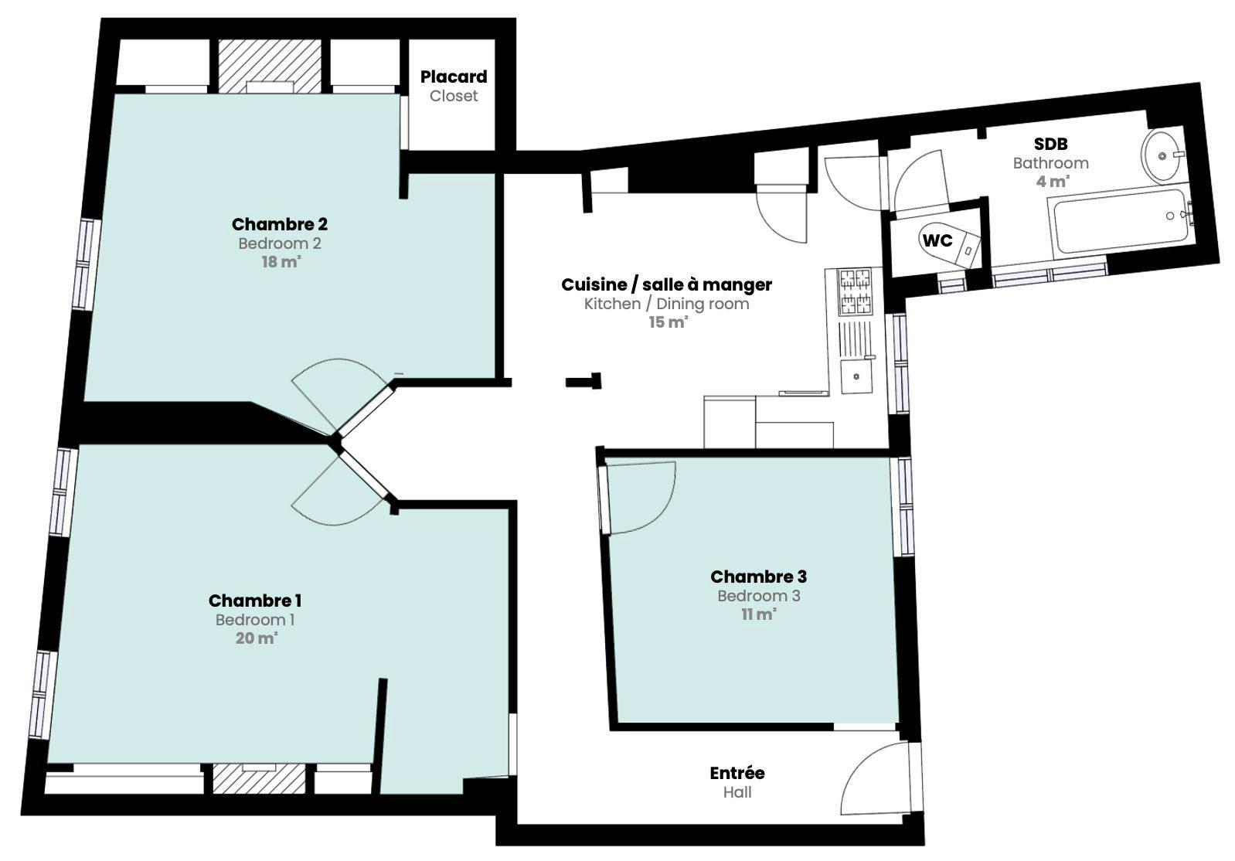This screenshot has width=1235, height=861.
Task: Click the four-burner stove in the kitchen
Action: coord(855,291)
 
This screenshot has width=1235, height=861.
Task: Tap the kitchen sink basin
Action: coord(856,376)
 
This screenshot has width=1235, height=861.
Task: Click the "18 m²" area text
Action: coord(281,262)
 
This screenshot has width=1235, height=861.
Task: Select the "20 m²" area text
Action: coord(257,638)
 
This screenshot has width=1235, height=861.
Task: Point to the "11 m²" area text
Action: coord(759,614)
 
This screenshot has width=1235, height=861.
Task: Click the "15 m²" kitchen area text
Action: coord(669,322)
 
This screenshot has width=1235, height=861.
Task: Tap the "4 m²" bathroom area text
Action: coord(1053,182)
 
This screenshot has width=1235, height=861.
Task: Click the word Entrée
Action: coord(737,774)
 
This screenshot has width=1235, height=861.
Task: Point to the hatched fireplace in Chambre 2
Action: coord(270,66)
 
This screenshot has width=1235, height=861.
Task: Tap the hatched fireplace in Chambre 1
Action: coord(259,779)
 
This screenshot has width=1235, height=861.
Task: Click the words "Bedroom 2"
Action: coord(280,243)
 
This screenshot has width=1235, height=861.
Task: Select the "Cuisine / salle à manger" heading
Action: coord(666,284)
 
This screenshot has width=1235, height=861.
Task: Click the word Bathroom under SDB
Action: coord(1051,163)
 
